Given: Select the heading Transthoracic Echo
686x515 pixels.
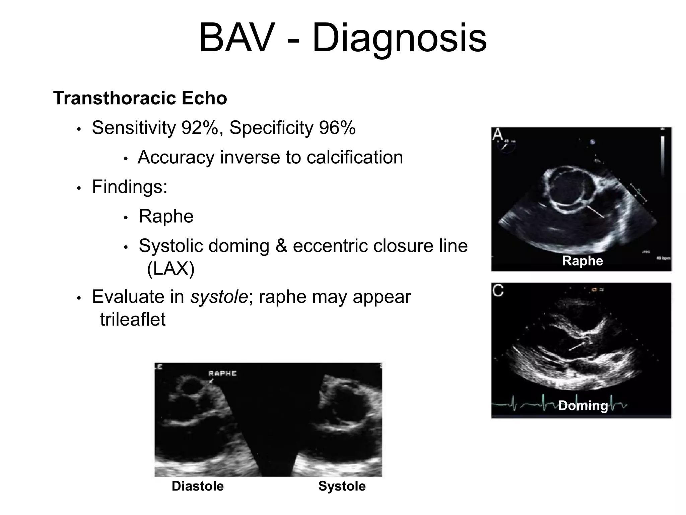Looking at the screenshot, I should [x=140, y=98].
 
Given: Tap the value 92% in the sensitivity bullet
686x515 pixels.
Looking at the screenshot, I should [x=200, y=128].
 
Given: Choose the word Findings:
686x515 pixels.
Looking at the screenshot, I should [x=130, y=187].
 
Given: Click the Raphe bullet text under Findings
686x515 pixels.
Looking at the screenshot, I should [x=166, y=216].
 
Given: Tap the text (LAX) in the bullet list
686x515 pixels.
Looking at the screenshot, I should [x=170, y=268].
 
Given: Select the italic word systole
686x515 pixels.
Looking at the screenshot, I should [x=219, y=297].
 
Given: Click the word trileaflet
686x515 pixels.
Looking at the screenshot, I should [x=133, y=319].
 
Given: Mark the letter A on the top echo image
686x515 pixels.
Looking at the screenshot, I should [x=498, y=135].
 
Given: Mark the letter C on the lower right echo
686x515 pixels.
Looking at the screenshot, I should [x=498, y=290].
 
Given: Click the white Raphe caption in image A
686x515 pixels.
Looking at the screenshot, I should [x=582, y=261].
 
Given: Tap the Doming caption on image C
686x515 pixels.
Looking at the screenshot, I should [x=583, y=406].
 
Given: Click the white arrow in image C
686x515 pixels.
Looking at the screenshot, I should [x=577, y=346].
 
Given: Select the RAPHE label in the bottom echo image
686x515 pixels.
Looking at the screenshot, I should [x=222, y=374].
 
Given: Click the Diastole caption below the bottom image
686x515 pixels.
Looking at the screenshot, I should [x=198, y=486].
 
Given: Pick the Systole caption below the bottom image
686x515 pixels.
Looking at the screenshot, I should [x=342, y=486].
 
